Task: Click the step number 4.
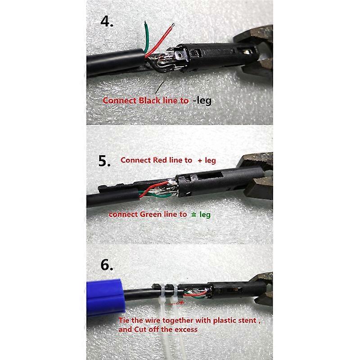(107, 21)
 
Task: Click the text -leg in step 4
(201, 101)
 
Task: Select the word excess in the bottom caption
(185, 329)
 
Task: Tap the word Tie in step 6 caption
(124, 321)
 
